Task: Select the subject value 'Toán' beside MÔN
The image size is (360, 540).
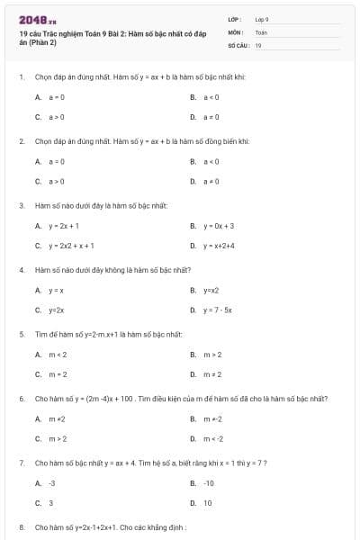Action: pyautogui.click(x=261, y=31)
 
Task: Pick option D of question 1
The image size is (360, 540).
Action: pyautogui.click(x=211, y=117)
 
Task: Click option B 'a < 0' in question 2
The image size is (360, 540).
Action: pyautogui.click(x=211, y=161)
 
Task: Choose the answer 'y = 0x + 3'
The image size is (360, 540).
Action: pyautogui.click(x=218, y=225)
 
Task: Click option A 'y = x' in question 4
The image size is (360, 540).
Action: pyautogui.click(x=56, y=290)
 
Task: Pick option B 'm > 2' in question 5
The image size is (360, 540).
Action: pyautogui.click(x=212, y=354)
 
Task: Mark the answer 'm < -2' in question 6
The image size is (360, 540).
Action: pyautogui.click(x=213, y=438)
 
